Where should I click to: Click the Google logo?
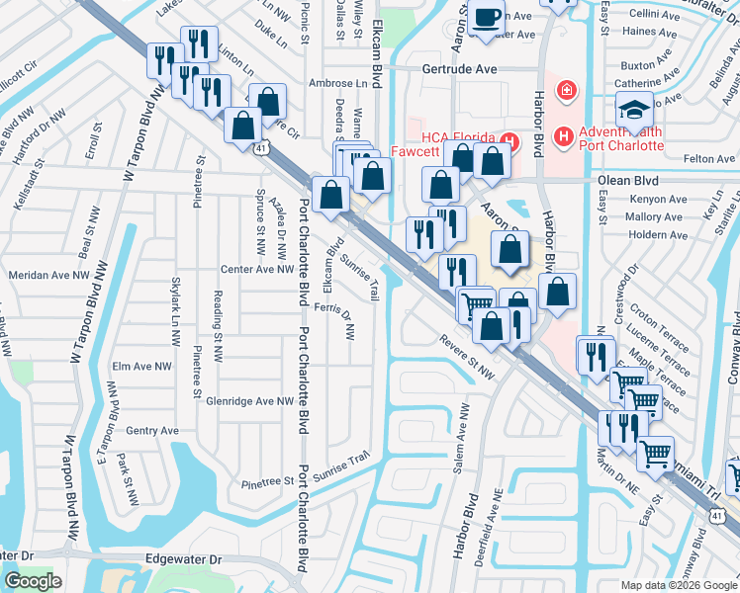pos(33,581)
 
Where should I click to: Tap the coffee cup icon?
pos(487,18)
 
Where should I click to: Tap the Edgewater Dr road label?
pos(183,559)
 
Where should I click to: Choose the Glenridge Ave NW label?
pos(250,401)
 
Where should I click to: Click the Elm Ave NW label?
pos(137,366)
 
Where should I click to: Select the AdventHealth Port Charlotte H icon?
pos(563,134)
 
